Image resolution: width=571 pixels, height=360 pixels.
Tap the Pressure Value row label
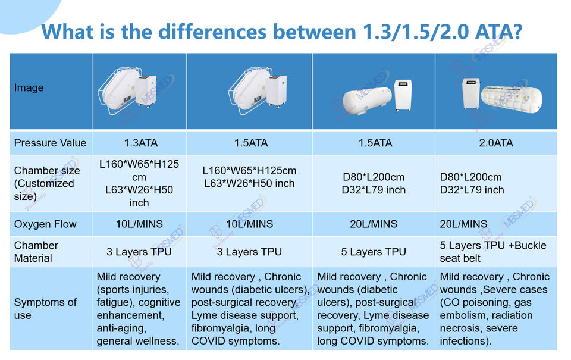click(x=50, y=143)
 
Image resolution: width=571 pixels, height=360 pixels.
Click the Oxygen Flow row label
click(x=45, y=224)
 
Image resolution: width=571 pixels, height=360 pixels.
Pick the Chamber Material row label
click(x=36, y=252)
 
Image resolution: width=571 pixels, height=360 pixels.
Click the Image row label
click(x=29, y=88)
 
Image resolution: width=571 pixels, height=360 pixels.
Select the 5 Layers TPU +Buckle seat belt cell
click(x=493, y=252)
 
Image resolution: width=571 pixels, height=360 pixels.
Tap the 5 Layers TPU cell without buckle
click(x=374, y=252)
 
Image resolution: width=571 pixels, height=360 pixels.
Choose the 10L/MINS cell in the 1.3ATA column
click(x=139, y=224)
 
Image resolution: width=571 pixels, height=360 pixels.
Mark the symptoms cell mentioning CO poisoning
click(x=494, y=308)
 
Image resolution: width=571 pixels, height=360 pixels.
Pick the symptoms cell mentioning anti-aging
click(x=138, y=308)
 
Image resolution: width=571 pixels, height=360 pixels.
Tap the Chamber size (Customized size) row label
click(x=46, y=183)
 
